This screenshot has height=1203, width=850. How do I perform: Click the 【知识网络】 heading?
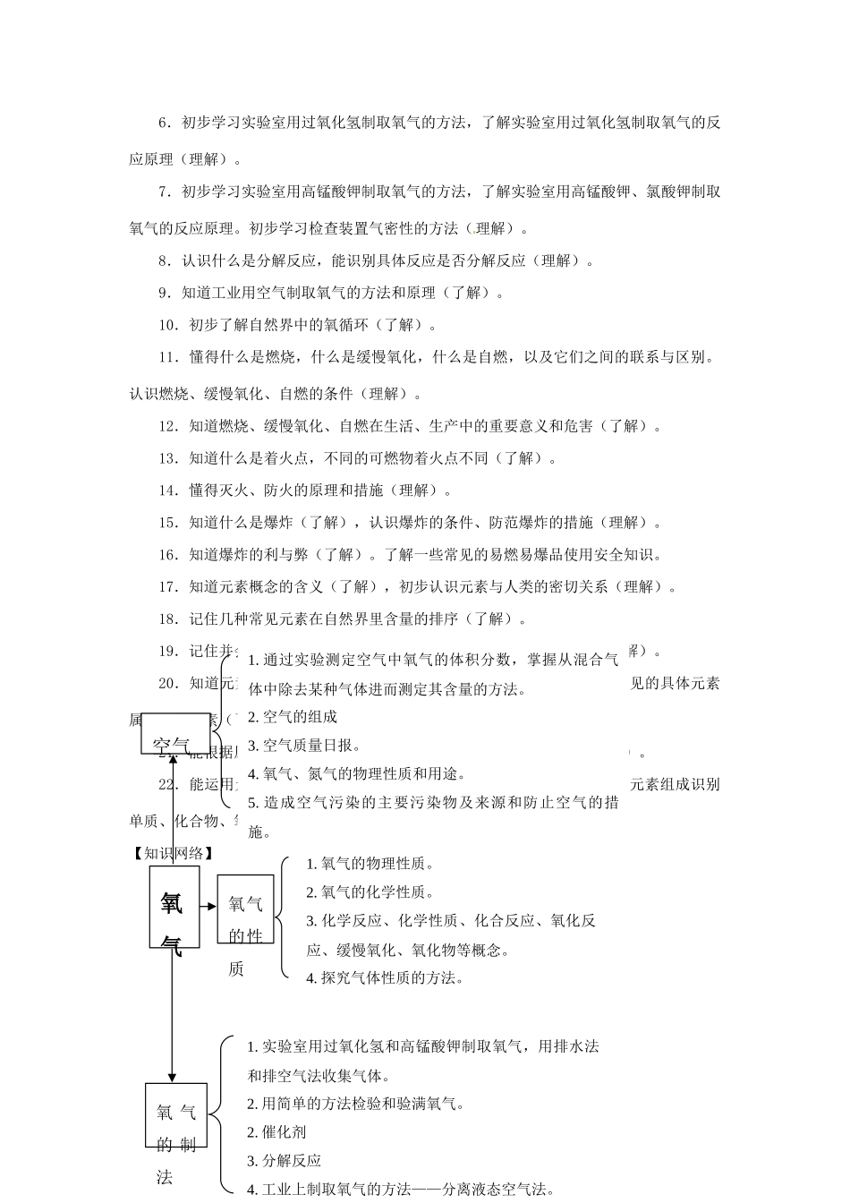[x=172, y=853]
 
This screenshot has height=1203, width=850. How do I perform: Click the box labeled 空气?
[x=175, y=734]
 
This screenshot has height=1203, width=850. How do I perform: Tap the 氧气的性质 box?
[x=244, y=909]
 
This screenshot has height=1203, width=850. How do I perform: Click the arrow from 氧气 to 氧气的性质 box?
[x=208, y=906]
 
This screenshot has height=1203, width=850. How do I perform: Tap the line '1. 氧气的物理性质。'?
[x=370, y=864]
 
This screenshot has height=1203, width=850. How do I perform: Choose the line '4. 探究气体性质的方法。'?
[x=385, y=977]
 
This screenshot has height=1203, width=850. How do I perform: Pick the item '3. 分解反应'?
[x=284, y=1161]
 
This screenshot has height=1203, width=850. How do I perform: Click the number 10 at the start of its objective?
[x=167, y=325]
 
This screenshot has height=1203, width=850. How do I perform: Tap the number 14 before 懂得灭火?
[x=167, y=490]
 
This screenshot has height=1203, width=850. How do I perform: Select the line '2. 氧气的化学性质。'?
[x=370, y=892]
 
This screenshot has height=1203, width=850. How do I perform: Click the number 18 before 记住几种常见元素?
[x=167, y=619]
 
